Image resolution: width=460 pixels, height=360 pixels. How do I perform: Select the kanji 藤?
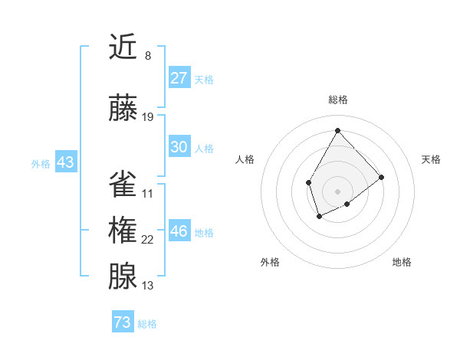click(123, 108)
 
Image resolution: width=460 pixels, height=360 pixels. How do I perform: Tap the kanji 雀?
click(123, 183)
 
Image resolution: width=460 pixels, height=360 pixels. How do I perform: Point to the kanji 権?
click(123, 230)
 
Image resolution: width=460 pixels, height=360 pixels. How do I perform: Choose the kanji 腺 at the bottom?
click(123, 277)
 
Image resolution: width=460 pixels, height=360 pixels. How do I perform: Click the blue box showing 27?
click(179, 78)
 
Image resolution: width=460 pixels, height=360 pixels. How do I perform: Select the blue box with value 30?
click(179, 147)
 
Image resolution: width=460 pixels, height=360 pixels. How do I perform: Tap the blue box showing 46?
click(179, 231)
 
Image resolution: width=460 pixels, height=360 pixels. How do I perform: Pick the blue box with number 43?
click(64, 162)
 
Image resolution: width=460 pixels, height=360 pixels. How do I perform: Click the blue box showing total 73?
click(122, 322)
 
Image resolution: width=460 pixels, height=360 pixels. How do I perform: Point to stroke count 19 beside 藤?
click(148, 117)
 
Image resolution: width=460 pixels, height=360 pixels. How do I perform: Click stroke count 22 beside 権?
click(148, 240)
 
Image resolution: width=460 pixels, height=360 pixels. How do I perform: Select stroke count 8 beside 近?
click(147, 55)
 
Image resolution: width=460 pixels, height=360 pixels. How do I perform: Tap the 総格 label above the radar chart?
click(337, 100)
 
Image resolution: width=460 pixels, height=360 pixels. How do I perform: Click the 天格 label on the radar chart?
click(431, 159)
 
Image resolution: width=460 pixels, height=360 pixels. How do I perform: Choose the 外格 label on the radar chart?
click(270, 262)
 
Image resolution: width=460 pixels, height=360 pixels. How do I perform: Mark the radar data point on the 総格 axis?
click(337, 130)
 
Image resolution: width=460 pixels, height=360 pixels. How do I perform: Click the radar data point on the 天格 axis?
click(382, 177)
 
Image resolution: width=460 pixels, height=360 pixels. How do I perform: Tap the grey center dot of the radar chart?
click(337, 191)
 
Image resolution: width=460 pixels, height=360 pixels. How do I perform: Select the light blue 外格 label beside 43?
click(41, 163)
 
